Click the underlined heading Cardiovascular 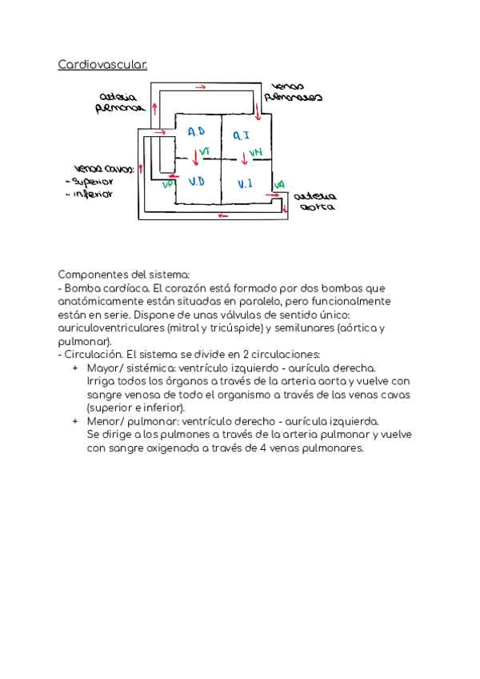(102, 64)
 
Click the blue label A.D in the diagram (197, 131)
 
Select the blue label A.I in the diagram (242, 135)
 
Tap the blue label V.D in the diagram (197, 182)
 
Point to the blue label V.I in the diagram (246, 184)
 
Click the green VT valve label (206, 151)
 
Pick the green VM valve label (254, 152)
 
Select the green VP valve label (168, 184)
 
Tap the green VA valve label (279, 186)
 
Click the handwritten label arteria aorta (312, 200)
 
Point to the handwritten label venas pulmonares (297, 92)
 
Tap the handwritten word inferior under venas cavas (92, 193)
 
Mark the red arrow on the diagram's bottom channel (222, 215)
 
